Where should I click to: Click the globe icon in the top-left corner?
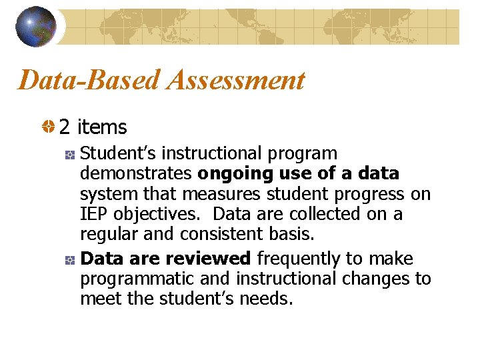tap(35, 27)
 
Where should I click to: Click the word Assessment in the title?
tap(237, 81)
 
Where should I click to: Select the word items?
tap(102, 126)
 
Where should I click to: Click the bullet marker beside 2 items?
tap(49, 127)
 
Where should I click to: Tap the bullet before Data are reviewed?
tap(69, 259)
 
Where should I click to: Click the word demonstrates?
tap(136, 174)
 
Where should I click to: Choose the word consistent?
tap(215, 235)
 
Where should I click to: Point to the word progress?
tap(371, 194)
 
